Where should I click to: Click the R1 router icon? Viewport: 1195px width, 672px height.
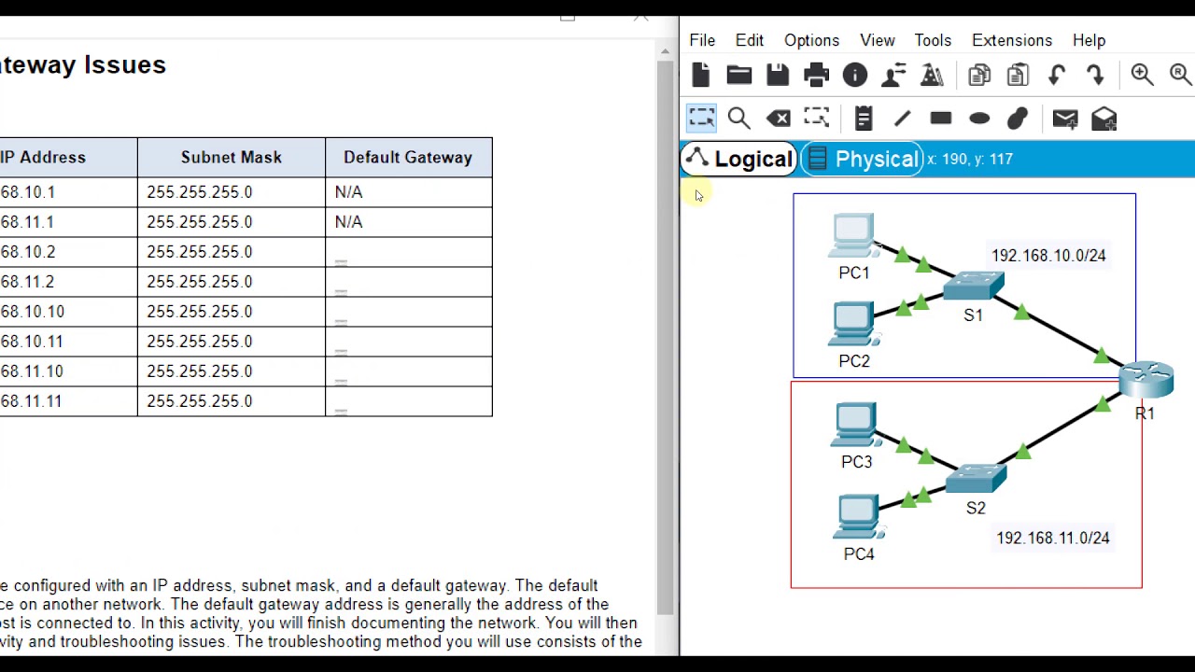[x=1146, y=379]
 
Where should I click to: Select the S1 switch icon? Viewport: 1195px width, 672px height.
[x=974, y=286]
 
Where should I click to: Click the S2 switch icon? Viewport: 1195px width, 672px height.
[x=976, y=479]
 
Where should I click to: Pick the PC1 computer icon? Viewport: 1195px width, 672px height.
[x=852, y=235]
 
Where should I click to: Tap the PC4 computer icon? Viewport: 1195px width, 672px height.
[x=858, y=517]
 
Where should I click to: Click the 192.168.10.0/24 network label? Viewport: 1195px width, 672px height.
[x=1048, y=255]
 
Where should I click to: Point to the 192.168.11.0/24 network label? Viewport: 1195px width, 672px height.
[x=1053, y=538]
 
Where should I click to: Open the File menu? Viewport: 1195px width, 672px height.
[x=702, y=40]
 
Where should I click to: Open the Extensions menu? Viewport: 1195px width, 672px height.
[x=1012, y=40]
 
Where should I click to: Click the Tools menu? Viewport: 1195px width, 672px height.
[x=933, y=40]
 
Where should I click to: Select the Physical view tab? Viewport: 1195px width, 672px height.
[x=864, y=159]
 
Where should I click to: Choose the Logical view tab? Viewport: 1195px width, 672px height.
[x=739, y=159]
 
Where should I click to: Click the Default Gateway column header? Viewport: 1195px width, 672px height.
[x=408, y=157]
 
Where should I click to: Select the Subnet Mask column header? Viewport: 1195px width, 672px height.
[x=231, y=157]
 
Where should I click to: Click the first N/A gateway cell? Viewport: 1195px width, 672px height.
[x=348, y=191]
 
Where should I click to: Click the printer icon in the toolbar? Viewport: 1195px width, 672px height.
[x=816, y=75]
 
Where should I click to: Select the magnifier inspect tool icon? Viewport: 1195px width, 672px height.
[x=738, y=119]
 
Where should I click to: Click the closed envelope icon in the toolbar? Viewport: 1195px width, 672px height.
[x=1065, y=119]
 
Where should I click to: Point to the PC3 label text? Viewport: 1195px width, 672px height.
[x=856, y=462]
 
